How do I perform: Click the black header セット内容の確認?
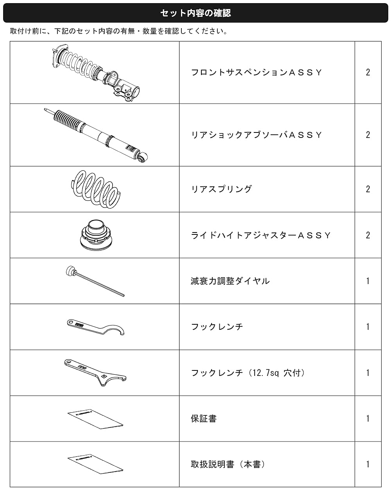click(195, 13)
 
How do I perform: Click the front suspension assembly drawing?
click(95, 72)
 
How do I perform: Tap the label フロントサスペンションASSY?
click(256, 72)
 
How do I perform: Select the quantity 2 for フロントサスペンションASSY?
click(368, 72)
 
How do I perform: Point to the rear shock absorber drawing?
click(96, 135)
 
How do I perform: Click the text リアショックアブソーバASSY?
click(256, 135)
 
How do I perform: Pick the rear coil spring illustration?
click(95, 189)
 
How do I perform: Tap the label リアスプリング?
click(221, 189)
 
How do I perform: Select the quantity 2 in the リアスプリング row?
click(368, 189)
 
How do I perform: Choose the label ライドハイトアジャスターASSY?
click(261, 235)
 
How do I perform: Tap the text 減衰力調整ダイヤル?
click(230, 281)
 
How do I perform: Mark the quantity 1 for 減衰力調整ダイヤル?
click(368, 281)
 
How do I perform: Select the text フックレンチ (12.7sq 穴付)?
click(248, 373)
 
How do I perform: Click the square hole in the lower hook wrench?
click(104, 376)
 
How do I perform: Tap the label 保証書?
click(203, 418)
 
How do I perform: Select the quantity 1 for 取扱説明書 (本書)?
click(368, 464)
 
